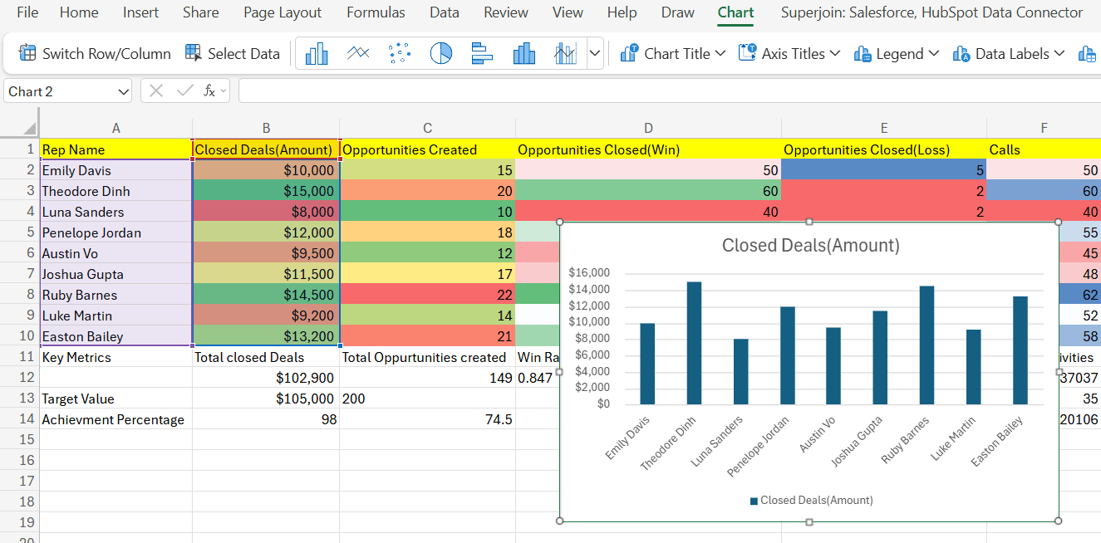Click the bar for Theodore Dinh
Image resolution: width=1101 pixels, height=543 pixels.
click(x=694, y=343)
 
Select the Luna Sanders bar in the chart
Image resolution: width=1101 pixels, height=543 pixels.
click(x=740, y=371)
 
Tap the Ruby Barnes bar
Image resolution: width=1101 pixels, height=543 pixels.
click(x=927, y=345)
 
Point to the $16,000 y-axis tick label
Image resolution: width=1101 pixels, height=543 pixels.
click(x=589, y=272)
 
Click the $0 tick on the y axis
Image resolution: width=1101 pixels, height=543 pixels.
click(x=603, y=404)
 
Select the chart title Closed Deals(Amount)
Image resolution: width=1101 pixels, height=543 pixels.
click(x=810, y=245)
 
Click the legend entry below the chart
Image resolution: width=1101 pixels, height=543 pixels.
click(x=812, y=501)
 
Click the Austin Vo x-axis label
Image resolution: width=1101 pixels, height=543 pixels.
click(x=817, y=434)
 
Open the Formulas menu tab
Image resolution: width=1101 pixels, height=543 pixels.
click(x=376, y=12)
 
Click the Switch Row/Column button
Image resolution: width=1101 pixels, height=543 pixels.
click(x=95, y=53)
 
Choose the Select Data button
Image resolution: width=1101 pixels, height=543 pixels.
click(x=233, y=53)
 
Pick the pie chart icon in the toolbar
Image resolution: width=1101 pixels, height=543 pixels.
click(x=441, y=53)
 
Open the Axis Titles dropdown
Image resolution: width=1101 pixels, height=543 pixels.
click(x=789, y=53)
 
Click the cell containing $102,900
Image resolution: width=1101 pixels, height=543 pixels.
click(x=266, y=378)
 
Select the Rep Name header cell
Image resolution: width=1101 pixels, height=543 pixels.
click(x=116, y=149)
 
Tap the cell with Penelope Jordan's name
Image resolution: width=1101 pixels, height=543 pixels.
click(x=116, y=232)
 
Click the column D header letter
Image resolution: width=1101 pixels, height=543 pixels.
click(x=648, y=128)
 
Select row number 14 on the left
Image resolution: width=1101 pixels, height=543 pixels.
click(x=27, y=418)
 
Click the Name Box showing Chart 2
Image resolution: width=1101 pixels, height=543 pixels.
click(x=68, y=91)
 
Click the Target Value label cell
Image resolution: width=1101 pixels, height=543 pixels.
click(x=116, y=399)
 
